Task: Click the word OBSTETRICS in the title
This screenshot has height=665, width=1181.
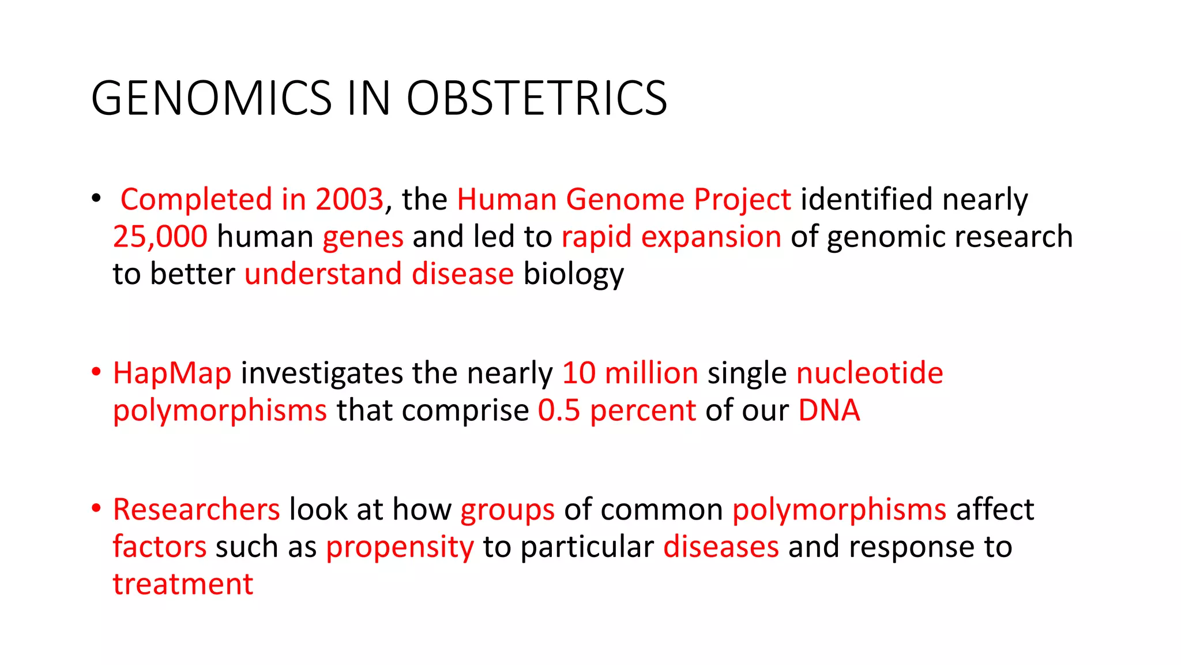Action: tap(537, 98)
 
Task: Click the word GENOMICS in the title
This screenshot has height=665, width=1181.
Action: tap(211, 98)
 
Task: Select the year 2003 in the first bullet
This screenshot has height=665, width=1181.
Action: tap(349, 199)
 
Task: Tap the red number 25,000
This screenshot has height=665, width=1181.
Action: tap(160, 237)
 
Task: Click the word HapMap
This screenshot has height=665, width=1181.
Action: tap(172, 373)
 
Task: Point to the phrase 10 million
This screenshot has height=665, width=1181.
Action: tap(630, 373)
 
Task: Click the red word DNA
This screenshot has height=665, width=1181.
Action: tap(829, 410)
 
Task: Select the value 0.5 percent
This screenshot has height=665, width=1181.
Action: tap(617, 410)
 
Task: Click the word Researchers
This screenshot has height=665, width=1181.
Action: tap(196, 510)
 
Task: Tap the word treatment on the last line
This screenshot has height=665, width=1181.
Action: tap(183, 584)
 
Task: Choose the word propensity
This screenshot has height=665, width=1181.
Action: tap(400, 547)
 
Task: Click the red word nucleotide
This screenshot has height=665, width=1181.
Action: tap(869, 373)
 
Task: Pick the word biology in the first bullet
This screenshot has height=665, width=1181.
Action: tap(573, 274)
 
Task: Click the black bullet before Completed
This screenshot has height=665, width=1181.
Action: tap(96, 199)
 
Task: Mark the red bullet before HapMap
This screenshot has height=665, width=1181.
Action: tap(96, 372)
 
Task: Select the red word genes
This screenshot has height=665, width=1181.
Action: tap(363, 237)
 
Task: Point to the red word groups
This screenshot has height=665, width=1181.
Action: tap(507, 510)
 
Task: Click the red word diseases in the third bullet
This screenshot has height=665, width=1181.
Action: tap(721, 547)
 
